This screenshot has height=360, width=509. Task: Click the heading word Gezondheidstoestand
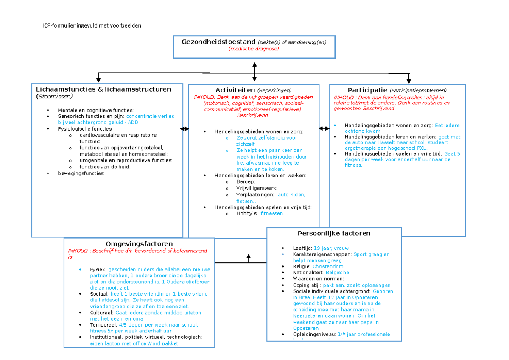[x=218, y=42]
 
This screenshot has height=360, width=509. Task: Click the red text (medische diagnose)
[x=254, y=49]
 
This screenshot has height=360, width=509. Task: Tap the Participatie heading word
[x=367, y=90]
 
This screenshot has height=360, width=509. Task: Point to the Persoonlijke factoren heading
[x=334, y=233]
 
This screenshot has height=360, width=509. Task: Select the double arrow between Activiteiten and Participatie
[x=324, y=128]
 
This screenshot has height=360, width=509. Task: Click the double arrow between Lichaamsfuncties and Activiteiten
[x=185, y=128]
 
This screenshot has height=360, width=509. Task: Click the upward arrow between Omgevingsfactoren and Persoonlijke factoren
[x=249, y=258]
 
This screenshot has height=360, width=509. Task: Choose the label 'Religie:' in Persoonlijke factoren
[x=302, y=267]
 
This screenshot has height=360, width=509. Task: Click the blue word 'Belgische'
[x=337, y=273]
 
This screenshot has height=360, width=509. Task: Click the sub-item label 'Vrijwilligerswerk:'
[x=257, y=188]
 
